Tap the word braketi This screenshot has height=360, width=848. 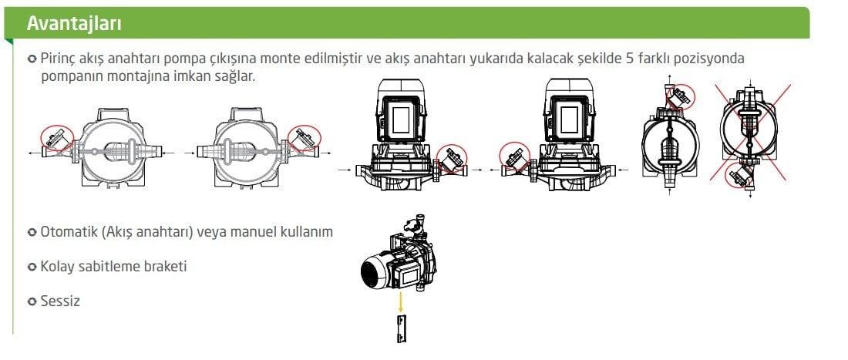pos(165,267)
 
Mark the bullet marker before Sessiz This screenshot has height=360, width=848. pos(32,301)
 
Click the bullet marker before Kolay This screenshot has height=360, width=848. pos(32,267)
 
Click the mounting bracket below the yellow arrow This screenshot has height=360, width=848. pos(401,328)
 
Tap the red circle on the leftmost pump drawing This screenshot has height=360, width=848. pos(55,139)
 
